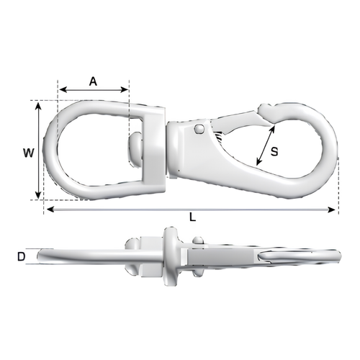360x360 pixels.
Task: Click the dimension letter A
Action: click(93, 81)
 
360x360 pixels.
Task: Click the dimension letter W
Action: click(29, 153)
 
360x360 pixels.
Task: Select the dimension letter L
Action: click(193, 217)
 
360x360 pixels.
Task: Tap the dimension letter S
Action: click(274, 152)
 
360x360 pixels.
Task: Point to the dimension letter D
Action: click(22, 257)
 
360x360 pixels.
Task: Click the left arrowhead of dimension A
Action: click(63, 90)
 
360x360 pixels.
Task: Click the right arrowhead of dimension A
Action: click(125, 90)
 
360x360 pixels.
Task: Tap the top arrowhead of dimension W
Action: click(38, 106)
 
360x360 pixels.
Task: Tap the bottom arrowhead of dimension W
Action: click(38, 194)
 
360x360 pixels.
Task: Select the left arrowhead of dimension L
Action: click(50, 210)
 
